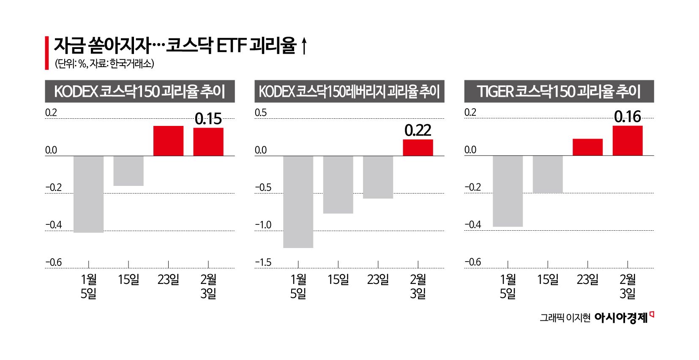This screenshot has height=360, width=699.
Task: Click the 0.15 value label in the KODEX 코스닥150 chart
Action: click(208, 119)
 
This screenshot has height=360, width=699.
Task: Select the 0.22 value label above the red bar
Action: click(418, 131)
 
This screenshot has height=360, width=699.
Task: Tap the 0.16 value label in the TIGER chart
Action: click(627, 117)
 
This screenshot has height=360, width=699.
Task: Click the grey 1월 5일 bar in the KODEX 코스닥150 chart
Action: click(89, 194)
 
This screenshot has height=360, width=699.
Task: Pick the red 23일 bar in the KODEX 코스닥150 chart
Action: click(168, 141)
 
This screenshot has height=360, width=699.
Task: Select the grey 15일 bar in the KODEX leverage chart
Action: click(338, 184)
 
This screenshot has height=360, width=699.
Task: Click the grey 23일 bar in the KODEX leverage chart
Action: click(378, 177)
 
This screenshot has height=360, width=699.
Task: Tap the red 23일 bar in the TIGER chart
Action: click(587, 147)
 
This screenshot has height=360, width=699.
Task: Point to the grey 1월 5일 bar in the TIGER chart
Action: click(508, 191)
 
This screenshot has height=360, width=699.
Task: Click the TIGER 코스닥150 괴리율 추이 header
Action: click(559, 92)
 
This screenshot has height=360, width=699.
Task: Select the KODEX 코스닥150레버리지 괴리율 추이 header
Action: click(349, 92)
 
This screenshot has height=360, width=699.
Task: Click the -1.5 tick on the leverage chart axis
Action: click(263, 263)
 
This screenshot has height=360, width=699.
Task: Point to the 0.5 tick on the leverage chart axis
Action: click(261, 113)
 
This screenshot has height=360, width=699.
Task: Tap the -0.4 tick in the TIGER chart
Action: click(472, 225)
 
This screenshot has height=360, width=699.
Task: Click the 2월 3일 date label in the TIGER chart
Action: click(628, 286)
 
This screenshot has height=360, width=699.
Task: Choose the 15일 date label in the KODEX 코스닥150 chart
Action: click(128, 280)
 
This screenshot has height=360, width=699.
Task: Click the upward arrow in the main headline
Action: click(303, 46)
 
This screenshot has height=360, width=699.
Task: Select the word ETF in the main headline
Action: click(231, 46)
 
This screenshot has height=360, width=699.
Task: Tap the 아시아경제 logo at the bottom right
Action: click(621, 318)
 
